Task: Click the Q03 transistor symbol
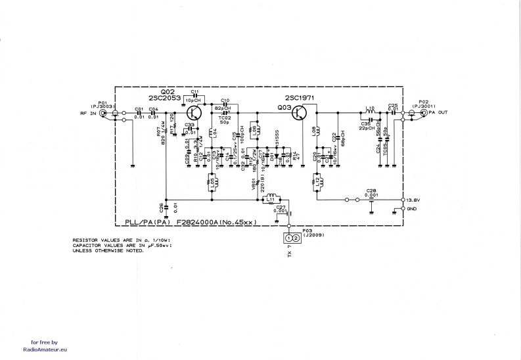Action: click(x=301, y=112)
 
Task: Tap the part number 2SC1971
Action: click(x=299, y=97)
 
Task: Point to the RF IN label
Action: click(x=87, y=113)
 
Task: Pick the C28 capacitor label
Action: click(x=371, y=191)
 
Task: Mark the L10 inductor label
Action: click(x=369, y=107)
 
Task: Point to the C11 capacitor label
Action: click(x=194, y=91)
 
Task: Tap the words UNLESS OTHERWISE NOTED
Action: click(x=108, y=250)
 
